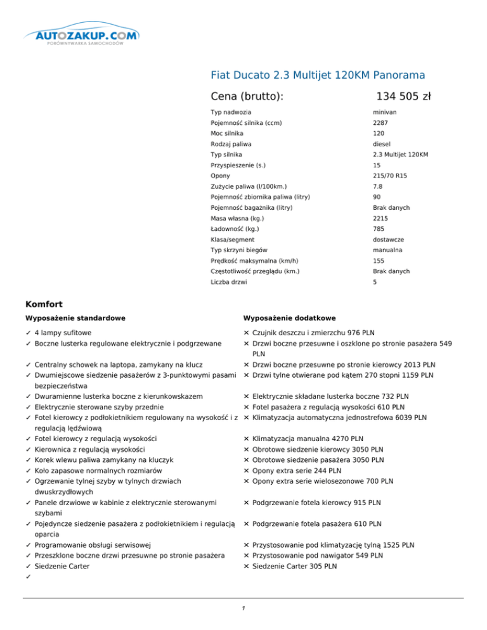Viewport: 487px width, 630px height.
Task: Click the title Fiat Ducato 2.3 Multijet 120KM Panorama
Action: (x=317, y=75)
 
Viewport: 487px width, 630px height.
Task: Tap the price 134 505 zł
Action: (x=403, y=96)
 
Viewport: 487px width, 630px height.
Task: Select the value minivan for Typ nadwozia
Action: (x=385, y=112)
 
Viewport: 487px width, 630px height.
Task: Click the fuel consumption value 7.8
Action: (x=377, y=186)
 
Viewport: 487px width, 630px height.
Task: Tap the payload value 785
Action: (x=379, y=229)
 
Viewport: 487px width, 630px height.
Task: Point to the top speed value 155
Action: (x=379, y=260)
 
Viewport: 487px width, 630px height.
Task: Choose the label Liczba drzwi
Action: (x=230, y=282)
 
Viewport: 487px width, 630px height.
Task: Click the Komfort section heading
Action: (x=48, y=304)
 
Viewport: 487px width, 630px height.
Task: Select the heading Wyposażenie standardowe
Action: (x=74, y=318)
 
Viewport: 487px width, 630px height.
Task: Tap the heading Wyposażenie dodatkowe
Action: (x=289, y=318)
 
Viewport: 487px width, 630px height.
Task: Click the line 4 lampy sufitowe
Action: (x=63, y=333)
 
